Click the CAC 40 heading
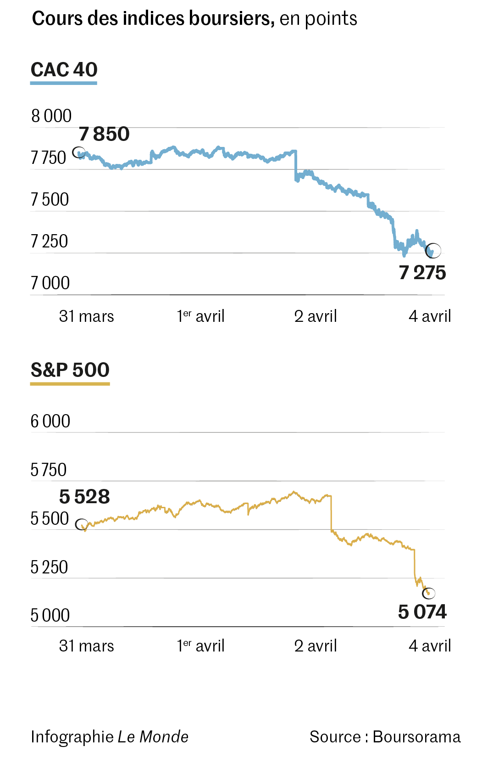(x=64, y=70)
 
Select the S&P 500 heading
(x=70, y=370)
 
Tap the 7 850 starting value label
(x=104, y=135)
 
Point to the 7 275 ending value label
(x=422, y=273)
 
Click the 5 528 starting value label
(x=84, y=497)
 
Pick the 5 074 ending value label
(x=422, y=612)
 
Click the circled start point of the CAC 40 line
(x=79, y=152)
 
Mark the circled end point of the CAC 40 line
(x=433, y=251)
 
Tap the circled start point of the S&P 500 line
(x=82, y=524)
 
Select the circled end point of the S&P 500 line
(x=429, y=593)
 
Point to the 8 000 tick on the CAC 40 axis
(x=51, y=116)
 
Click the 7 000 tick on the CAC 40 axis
(x=50, y=283)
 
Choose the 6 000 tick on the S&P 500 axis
(x=50, y=421)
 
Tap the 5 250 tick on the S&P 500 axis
(x=49, y=567)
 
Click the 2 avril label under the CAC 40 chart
(x=316, y=316)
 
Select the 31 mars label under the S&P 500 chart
(x=86, y=646)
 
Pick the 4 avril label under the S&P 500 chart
(x=430, y=646)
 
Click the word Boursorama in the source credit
(x=416, y=737)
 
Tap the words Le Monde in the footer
(x=153, y=737)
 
